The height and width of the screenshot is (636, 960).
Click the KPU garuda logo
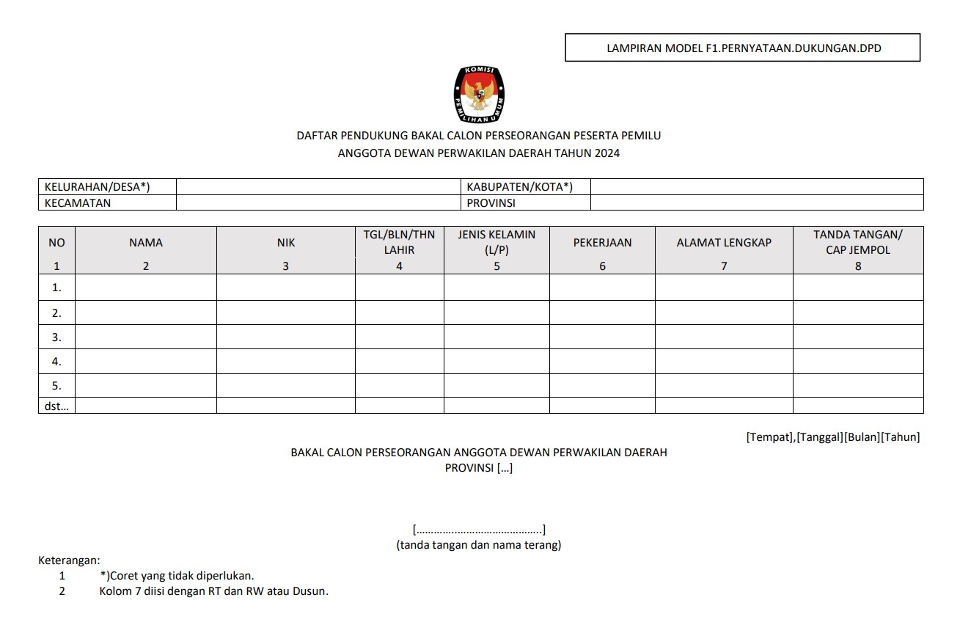(480, 95)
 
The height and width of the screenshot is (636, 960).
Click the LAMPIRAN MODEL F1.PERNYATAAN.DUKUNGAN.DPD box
(742, 48)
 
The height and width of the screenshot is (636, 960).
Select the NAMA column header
(146, 243)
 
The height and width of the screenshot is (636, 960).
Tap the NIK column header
(286, 243)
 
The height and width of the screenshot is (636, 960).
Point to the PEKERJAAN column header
(602, 243)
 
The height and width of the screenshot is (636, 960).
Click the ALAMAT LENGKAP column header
(724, 243)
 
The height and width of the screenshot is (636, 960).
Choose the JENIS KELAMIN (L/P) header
(497, 242)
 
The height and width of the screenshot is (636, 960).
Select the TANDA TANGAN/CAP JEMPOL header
(858, 242)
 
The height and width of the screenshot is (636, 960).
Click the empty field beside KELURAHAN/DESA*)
(318, 186)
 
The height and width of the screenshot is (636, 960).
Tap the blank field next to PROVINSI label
(756, 203)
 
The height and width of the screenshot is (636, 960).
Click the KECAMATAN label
(78, 203)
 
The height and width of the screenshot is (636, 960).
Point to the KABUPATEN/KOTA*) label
(519, 186)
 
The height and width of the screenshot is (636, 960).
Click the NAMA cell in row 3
(146, 337)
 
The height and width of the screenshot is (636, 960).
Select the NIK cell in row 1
(286, 288)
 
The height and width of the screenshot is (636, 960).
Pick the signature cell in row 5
(858, 386)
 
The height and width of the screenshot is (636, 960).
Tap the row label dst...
(56, 406)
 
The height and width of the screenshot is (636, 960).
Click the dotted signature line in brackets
(479, 530)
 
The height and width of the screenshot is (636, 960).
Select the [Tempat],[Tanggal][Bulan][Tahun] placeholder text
(832, 437)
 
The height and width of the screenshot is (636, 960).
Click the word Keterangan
(69, 560)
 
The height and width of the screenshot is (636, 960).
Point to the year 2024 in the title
(606, 153)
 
